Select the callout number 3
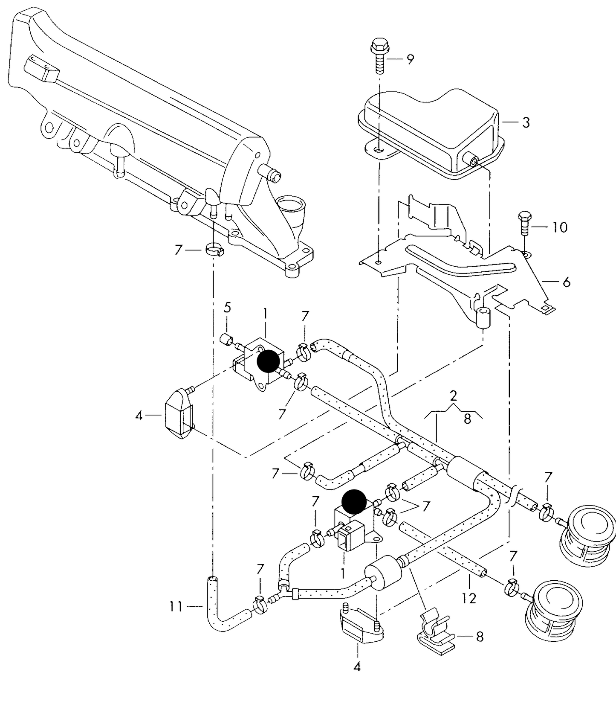pyautogui.click(x=526, y=122)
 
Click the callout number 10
pyautogui.click(x=559, y=227)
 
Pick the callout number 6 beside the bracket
pyautogui.click(x=566, y=282)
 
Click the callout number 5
pyautogui.click(x=227, y=307)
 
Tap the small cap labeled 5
pyautogui.click(x=226, y=340)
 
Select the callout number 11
pyautogui.click(x=176, y=606)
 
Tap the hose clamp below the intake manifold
pyautogui.click(x=214, y=249)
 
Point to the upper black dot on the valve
pyautogui.click(x=269, y=361)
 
